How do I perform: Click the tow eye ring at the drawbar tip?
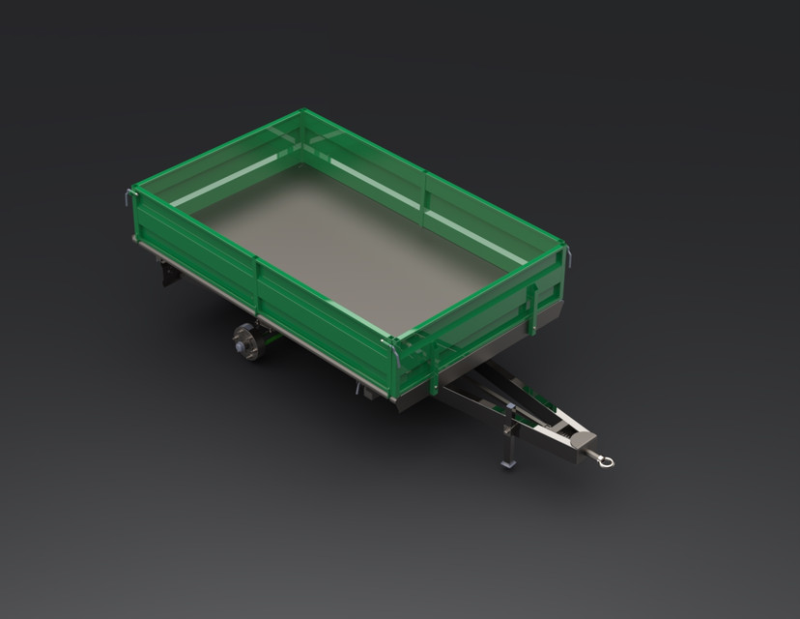pos(605,461)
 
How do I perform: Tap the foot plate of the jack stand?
pos(508,463)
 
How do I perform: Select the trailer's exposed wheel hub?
pos(245,342)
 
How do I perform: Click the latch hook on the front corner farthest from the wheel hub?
pos(568,256)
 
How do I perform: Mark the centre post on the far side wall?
pos(425,191)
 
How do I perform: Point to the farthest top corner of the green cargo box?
pos(302,112)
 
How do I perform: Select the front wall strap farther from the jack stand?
pos(530,308)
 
